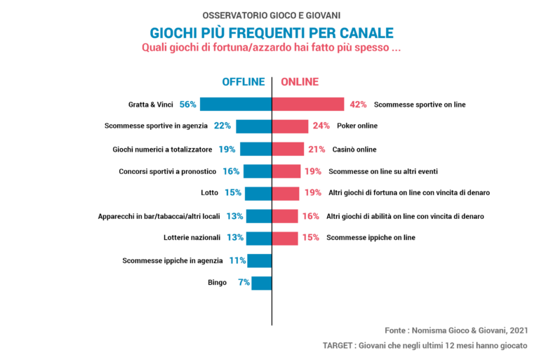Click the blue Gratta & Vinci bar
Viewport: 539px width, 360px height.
236,104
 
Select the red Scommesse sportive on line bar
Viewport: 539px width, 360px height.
308,104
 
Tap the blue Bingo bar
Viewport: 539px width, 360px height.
262,283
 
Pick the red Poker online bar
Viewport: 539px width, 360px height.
290,126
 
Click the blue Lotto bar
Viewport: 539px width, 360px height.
258,193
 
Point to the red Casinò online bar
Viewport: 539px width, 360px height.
288,149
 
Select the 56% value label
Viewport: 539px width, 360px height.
187,104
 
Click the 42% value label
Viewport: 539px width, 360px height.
358,105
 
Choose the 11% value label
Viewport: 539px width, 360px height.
237,260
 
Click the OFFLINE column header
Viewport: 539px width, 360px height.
244,81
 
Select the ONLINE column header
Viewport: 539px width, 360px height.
300,81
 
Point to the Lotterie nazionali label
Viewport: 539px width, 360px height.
192,238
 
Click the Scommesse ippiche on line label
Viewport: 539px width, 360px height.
371,238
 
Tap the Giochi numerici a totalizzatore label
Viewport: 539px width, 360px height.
162,149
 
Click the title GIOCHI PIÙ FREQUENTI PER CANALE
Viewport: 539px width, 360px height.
272,33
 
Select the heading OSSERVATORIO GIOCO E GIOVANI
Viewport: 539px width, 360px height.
272,15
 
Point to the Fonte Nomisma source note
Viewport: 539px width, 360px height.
455,330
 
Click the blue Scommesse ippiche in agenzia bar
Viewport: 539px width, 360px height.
259,260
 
